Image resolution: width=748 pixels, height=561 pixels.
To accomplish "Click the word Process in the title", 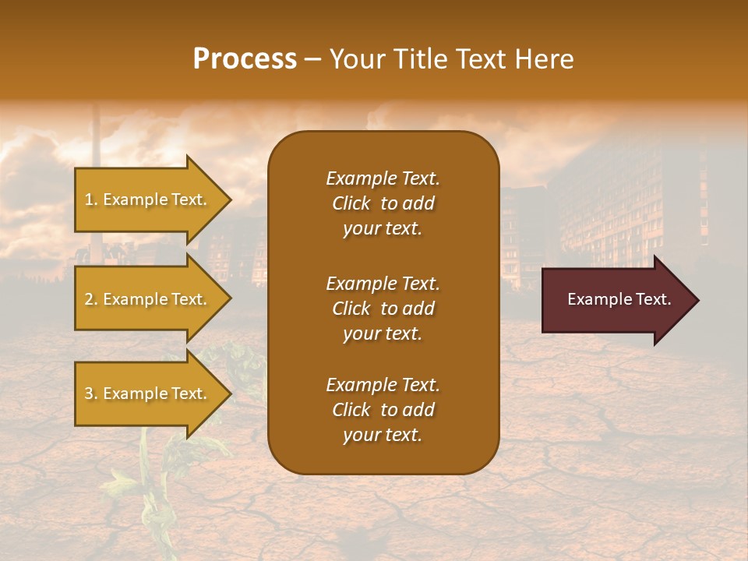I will [x=245, y=59].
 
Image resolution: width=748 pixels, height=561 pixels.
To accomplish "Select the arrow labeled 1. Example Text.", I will [x=148, y=199].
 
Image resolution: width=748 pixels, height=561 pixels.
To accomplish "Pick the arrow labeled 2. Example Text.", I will [x=148, y=299].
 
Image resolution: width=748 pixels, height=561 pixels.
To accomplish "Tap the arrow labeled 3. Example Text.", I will [x=148, y=393].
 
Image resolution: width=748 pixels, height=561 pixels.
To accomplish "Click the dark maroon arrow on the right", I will [x=616, y=300].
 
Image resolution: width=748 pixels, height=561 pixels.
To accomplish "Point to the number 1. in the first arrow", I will [x=91, y=199].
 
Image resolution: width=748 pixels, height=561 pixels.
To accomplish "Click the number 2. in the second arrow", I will [x=91, y=299].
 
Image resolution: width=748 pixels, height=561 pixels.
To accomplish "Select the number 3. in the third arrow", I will [x=91, y=393].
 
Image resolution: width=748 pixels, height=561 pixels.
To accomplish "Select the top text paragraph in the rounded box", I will [x=383, y=203].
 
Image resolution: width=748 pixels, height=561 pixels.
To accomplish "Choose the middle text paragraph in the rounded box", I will [x=383, y=309].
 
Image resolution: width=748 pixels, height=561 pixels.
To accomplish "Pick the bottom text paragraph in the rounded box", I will [x=383, y=410].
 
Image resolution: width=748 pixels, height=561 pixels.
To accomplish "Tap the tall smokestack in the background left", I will [x=96, y=179].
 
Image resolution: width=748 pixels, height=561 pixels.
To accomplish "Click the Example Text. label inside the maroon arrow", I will [x=619, y=299].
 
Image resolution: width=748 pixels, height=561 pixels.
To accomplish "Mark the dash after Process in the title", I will [x=312, y=60].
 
